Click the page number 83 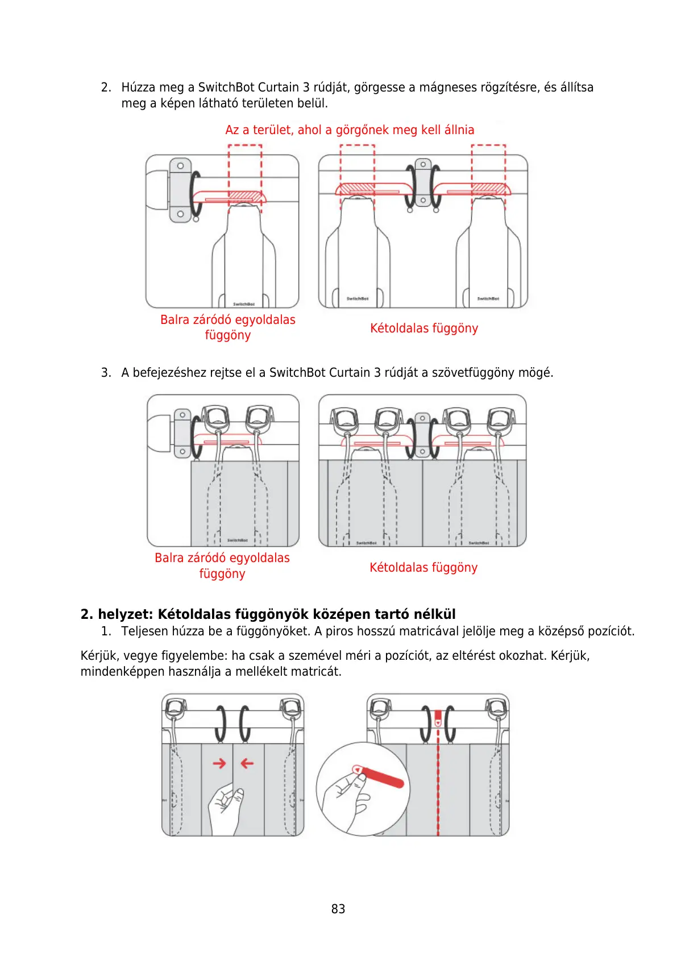(338, 909)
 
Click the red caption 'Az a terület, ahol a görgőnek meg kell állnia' (350, 130)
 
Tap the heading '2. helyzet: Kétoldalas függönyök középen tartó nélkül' (268, 614)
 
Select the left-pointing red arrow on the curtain (247, 763)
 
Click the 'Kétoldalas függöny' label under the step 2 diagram (423, 328)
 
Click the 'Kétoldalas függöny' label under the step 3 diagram (423, 568)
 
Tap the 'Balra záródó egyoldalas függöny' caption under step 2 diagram (227, 327)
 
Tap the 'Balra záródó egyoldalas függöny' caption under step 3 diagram (222, 566)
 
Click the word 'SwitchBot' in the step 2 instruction (226, 88)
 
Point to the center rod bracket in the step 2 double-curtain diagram (423, 182)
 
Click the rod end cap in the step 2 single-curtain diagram (156, 190)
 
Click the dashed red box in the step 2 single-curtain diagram (245, 177)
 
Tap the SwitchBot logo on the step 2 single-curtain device (244, 304)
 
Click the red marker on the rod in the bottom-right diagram (438, 718)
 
